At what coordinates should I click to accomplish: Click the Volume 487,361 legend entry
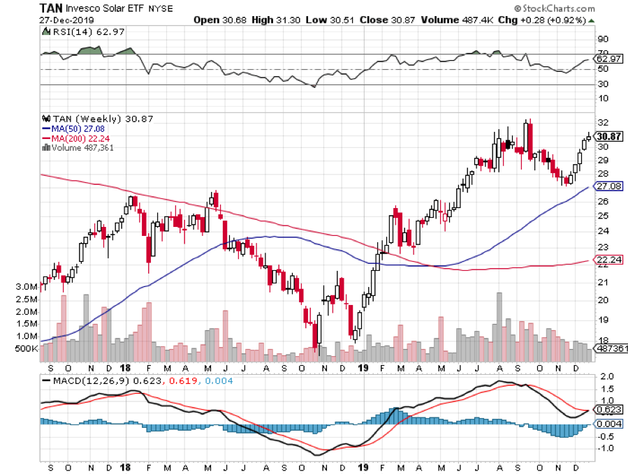click(78, 147)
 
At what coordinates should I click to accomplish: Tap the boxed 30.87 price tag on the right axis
click(608, 138)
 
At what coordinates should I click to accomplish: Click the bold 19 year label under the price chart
click(363, 366)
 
